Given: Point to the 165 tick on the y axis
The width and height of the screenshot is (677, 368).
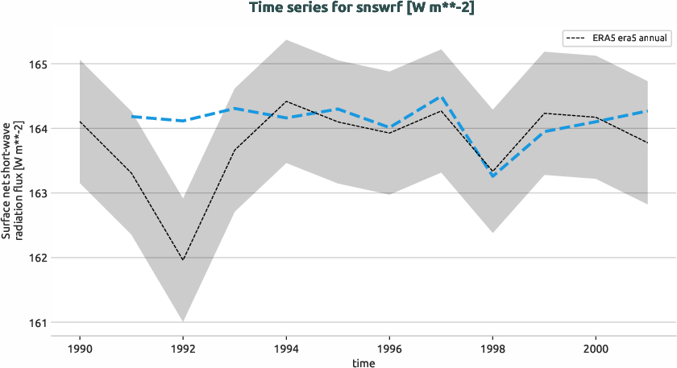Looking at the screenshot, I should click(39, 64).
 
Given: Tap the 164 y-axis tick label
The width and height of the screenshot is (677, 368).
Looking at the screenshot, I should click(39, 128).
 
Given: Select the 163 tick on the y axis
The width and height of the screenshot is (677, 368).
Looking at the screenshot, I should click(39, 193).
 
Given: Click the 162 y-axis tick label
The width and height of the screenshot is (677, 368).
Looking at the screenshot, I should click(39, 258).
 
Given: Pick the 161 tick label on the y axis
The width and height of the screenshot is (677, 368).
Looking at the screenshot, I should click(39, 323).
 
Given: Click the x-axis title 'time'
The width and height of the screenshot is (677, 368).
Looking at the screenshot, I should click(363, 362).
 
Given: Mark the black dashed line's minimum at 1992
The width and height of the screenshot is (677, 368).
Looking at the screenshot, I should click(183, 260).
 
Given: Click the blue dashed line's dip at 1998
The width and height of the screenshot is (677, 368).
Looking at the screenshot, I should click(492, 176).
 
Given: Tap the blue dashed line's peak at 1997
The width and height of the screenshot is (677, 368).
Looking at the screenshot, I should click(441, 97).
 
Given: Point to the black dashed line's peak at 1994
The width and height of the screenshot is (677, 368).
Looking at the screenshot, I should click(286, 101).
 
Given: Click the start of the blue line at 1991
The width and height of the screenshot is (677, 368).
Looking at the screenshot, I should click(131, 117).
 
